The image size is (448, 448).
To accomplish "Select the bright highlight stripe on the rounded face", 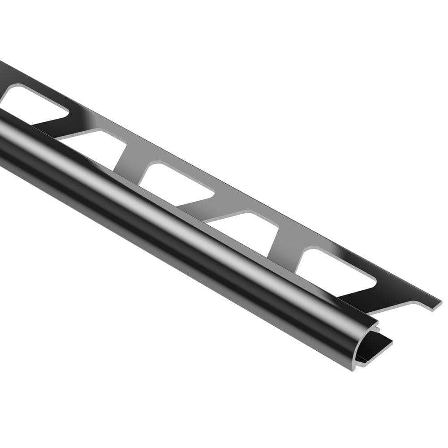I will pos(179,211).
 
